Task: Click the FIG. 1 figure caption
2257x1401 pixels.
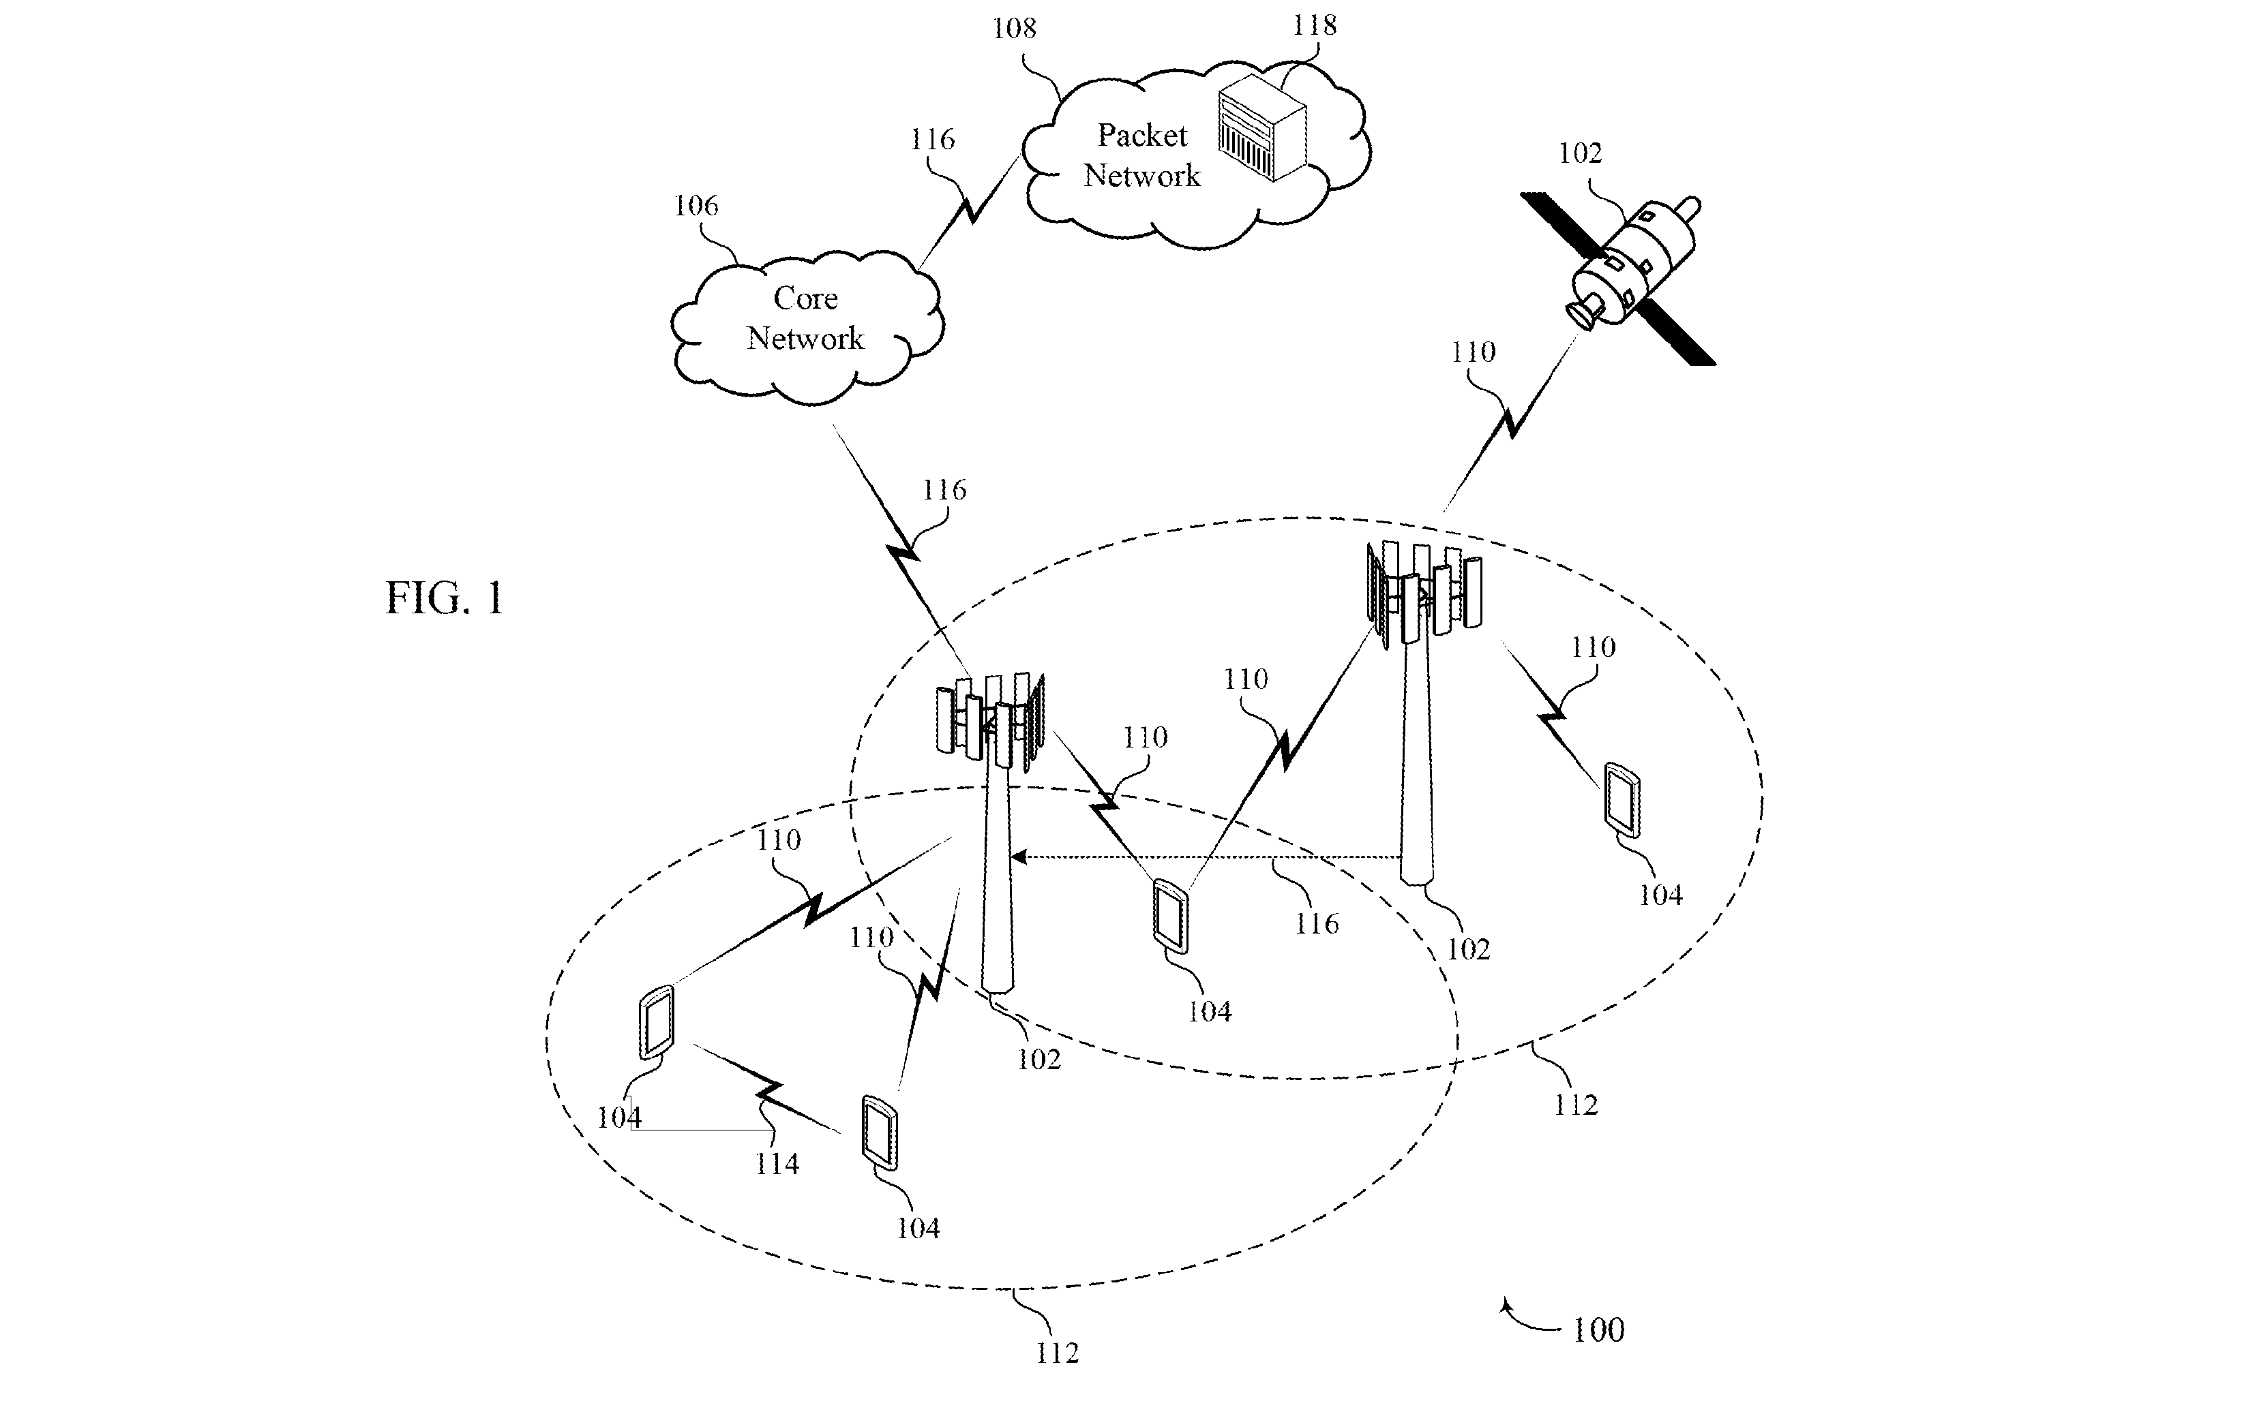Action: [444, 598]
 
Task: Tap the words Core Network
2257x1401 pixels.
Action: [805, 318]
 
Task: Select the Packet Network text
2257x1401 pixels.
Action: [1142, 155]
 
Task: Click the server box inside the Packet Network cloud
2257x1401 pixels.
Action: [1261, 129]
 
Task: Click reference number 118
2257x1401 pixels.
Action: [1315, 25]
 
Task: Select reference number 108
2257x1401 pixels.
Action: [1014, 29]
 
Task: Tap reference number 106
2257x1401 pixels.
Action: [696, 206]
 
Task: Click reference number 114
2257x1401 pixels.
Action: [777, 1164]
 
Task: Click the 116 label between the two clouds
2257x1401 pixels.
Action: [931, 140]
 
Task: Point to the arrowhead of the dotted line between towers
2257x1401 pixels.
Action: [1017, 857]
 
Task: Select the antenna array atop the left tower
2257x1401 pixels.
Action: [991, 722]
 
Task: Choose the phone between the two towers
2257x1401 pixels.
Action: [1171, 915]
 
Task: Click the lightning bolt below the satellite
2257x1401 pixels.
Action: [1511, 422]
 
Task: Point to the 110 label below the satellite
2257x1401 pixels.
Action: [1473, 353]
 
